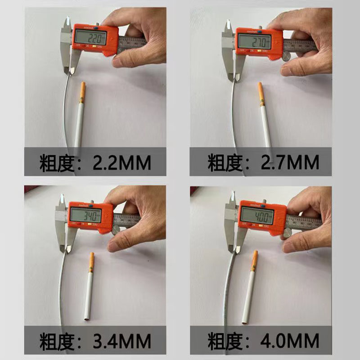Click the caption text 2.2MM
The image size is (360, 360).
[121, 162]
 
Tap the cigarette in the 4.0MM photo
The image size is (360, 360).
[250, 288]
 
